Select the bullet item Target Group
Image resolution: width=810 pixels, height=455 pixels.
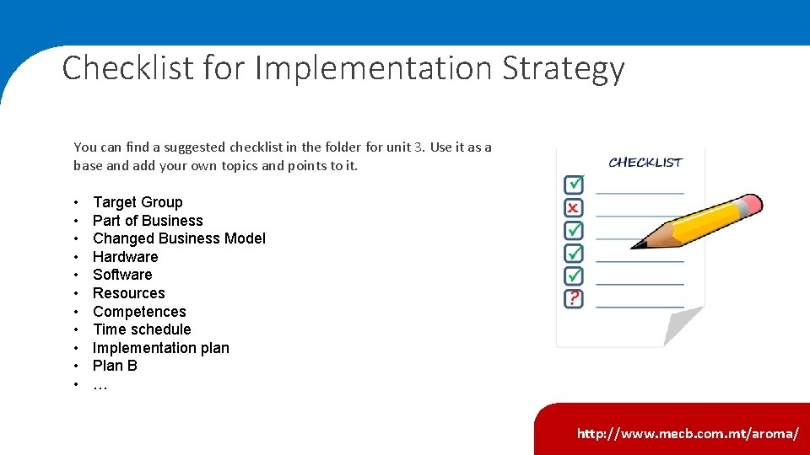point(138,202)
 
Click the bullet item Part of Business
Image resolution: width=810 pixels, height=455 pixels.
point(148,221)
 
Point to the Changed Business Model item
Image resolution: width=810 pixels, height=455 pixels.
point(179,238)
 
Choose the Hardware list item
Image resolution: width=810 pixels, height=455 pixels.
point(125,257)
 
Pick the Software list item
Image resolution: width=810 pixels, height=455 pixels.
point(122,275)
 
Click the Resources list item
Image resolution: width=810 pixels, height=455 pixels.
point(128,293)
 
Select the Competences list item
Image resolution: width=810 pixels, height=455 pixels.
point(139,312)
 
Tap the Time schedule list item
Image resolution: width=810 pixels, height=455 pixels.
point(142,329)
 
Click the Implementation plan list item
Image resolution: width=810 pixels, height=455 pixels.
point(160,348)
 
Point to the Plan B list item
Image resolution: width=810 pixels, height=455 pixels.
point(115,366)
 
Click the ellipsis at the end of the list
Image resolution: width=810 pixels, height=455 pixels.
point(100,386)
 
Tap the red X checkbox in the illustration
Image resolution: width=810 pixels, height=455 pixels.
point(573,207)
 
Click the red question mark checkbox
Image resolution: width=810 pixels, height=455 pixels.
point(574,298)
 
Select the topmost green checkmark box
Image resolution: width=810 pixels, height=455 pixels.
point(574,184)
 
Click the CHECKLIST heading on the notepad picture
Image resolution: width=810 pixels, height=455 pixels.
point(645,162)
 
